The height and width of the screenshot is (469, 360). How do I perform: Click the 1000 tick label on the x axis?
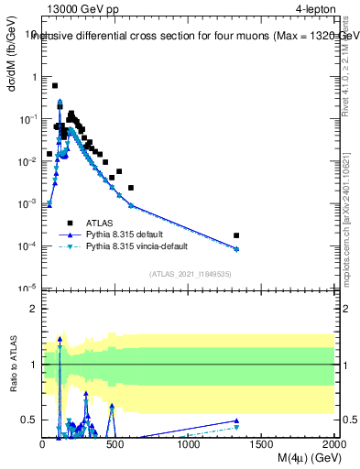189,443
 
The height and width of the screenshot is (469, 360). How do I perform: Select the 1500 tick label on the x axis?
262,443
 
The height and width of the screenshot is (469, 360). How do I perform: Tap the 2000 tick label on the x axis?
333,443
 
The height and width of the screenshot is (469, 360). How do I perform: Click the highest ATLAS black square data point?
55,85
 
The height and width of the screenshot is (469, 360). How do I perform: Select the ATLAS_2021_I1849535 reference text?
190,274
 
